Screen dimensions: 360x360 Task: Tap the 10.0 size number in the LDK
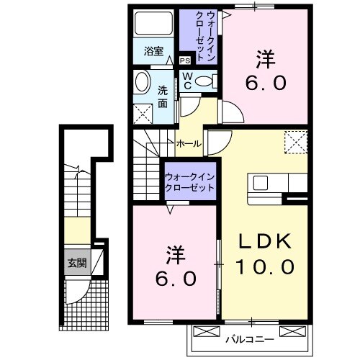coord(264,267)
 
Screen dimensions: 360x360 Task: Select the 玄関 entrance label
coord(77,264)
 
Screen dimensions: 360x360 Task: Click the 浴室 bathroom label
coord(153,51)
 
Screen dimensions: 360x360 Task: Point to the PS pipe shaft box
coord(185,60)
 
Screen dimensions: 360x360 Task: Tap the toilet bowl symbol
coord(204,81)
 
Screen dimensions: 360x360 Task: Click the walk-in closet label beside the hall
coord(190,181)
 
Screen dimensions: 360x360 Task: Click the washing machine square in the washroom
coord(143,113)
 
